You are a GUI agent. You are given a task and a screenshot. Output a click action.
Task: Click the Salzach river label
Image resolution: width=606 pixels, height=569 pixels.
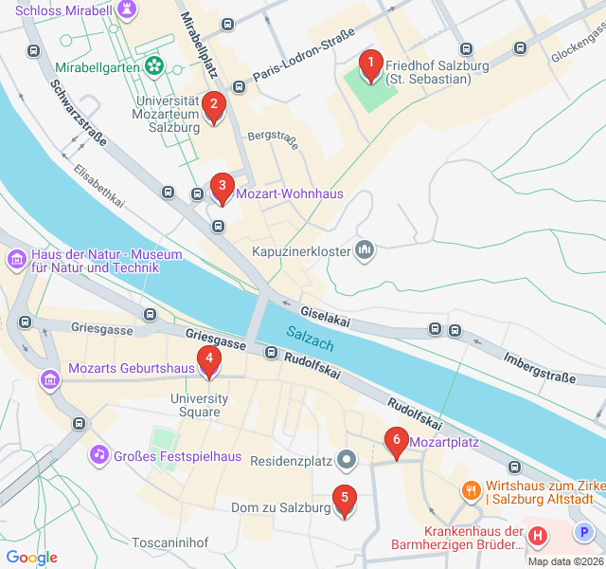(x=311, y=336)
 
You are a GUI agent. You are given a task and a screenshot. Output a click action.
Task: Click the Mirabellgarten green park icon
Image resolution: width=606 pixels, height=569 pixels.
(x=153, y=67)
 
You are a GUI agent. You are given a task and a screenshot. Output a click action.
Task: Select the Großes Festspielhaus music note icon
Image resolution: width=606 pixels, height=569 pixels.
(x=99, y=455)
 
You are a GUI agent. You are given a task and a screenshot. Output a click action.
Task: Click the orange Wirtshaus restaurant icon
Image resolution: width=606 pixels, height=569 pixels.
(x=471, y=490)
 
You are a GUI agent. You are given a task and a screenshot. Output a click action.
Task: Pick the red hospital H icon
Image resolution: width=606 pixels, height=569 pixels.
(x=538, y=537)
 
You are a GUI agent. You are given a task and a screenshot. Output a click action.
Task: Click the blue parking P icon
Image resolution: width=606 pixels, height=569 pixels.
(x=584, y=533)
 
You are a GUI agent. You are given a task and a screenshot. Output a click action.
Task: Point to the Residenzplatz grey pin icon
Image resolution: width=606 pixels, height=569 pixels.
(x=348, y=461)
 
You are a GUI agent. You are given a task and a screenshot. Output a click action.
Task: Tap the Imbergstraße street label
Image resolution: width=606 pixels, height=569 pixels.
(x=540, y=369)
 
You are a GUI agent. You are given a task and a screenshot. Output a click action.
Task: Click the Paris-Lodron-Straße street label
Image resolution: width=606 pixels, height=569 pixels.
(x=304, y=57)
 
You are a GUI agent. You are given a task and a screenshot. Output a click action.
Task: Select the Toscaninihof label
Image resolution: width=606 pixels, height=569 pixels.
(x=169, y=542)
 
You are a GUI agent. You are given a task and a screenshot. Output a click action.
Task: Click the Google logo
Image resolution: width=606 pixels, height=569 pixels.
(x=31, y=558)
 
